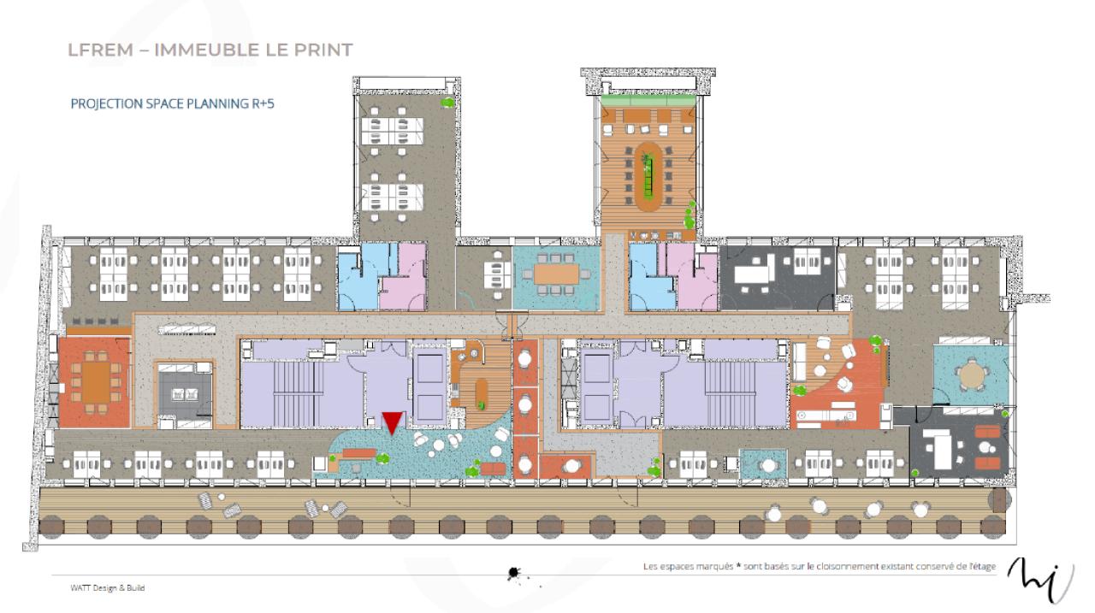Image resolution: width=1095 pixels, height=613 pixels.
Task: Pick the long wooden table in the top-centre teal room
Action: coord(556,274)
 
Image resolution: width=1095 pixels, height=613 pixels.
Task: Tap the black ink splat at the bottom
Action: coord(513,574)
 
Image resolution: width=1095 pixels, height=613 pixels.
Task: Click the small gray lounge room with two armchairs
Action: coord(184,393)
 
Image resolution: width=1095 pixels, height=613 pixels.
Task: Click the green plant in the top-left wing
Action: coord(447,103)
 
